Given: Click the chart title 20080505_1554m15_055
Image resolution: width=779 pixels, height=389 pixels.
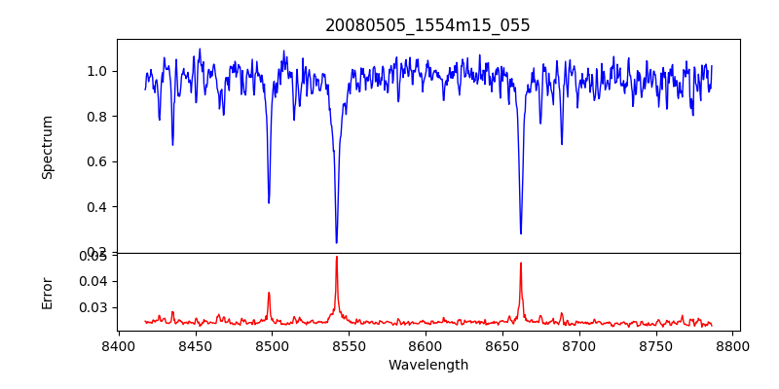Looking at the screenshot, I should [x=427, y=25].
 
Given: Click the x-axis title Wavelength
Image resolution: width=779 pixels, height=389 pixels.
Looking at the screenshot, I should [x=427, y=366].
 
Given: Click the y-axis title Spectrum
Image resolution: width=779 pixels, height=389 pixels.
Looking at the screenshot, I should [x=47, y=147].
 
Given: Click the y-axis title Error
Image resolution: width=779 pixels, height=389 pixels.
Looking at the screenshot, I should [x=47, y=292].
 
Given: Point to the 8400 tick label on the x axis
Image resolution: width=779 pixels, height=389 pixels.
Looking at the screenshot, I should [x=118, y=346].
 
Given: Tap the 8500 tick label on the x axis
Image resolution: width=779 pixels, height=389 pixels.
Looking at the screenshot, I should [x=272, y=346].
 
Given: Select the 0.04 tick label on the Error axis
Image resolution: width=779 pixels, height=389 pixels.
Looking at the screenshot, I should [x=94, y=281].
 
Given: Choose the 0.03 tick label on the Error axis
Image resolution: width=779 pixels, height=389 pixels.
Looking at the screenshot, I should [x=94, y=307].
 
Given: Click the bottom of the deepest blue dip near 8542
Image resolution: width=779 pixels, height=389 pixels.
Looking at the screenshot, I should [x=336, y=242].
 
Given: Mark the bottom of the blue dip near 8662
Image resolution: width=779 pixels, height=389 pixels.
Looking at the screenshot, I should [x=521, y=233].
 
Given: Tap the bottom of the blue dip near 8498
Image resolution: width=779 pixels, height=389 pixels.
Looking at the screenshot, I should [x=269, y=202].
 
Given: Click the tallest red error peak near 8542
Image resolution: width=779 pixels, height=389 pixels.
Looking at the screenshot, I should [x=336, y=257].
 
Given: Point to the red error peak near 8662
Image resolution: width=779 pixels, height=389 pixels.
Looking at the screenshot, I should [x=521, y=263].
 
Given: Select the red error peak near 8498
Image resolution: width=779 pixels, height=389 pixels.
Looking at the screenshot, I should [x=269, y=293].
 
